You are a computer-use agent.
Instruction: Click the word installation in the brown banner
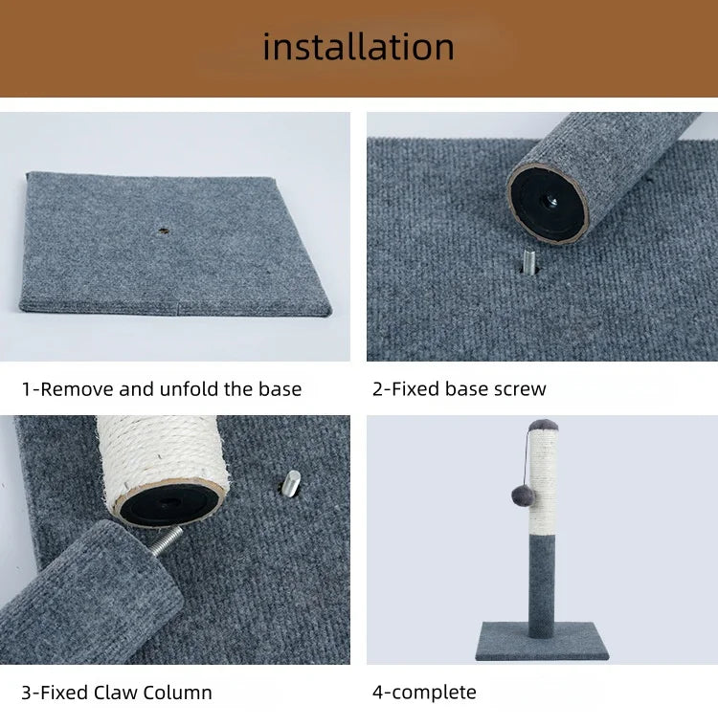pos(358,46)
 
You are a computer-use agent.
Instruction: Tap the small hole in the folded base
pos(163,231)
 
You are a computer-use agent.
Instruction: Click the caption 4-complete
pos(424,693)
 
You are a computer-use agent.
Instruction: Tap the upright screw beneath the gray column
pos(528,262)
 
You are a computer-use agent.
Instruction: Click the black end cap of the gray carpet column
pos(548,203)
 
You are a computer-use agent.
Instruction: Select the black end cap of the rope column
pos(170,502)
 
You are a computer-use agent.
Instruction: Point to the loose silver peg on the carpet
pos(291,483)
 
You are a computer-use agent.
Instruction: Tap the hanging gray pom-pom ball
pos(523,495)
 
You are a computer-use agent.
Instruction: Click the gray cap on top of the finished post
pos(543,425)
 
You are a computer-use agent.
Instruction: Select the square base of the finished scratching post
pos(542,641)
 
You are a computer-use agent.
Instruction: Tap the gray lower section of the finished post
pos(542,584)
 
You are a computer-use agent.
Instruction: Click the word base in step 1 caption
pos(280,389)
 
